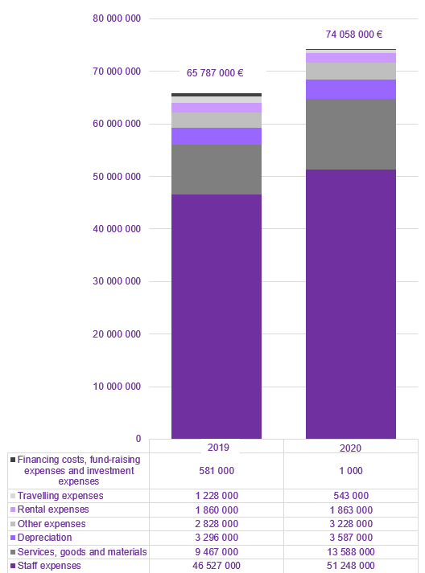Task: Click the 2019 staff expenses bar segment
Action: coord(216,316)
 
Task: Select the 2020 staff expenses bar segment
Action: coord(350,304)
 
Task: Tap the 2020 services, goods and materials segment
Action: coord(350,134)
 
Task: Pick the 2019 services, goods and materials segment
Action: coord(216,169)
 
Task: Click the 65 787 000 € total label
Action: coord(215,72)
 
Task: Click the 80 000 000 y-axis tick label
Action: coord(117,18)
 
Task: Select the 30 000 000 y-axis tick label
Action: coord(117,281)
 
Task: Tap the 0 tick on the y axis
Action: coord(138,439)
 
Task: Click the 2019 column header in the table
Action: coord(216,446)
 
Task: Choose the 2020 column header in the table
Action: coord(350,446)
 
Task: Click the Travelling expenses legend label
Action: coord(60,496)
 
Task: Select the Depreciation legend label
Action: coord(44,538)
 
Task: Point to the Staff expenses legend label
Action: coord(49,566)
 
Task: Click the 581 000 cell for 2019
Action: coord(216,470)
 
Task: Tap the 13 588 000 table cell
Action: coord(350,552)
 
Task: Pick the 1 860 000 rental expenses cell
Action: coord(216,510)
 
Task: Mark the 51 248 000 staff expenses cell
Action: coord(350,566)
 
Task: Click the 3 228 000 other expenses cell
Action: coord(350,524)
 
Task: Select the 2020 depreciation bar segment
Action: coord(350,89)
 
